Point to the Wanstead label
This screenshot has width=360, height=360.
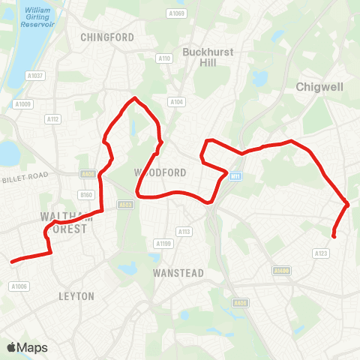178,273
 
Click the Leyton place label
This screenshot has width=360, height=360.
76,296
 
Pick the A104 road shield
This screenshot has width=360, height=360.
176,102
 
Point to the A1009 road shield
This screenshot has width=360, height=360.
23,104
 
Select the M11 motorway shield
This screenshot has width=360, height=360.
235,176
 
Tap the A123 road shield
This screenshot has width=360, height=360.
322,253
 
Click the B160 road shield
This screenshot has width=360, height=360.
85,195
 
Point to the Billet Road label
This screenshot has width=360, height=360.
25,176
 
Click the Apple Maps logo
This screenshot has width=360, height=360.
27,347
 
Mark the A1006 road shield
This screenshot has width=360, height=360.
19,286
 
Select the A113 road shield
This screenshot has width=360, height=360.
184,231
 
